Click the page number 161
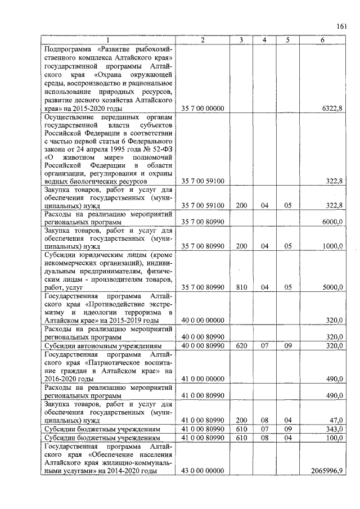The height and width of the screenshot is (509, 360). click(341, 25)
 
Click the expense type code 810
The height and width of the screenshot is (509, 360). click(240, 287)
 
